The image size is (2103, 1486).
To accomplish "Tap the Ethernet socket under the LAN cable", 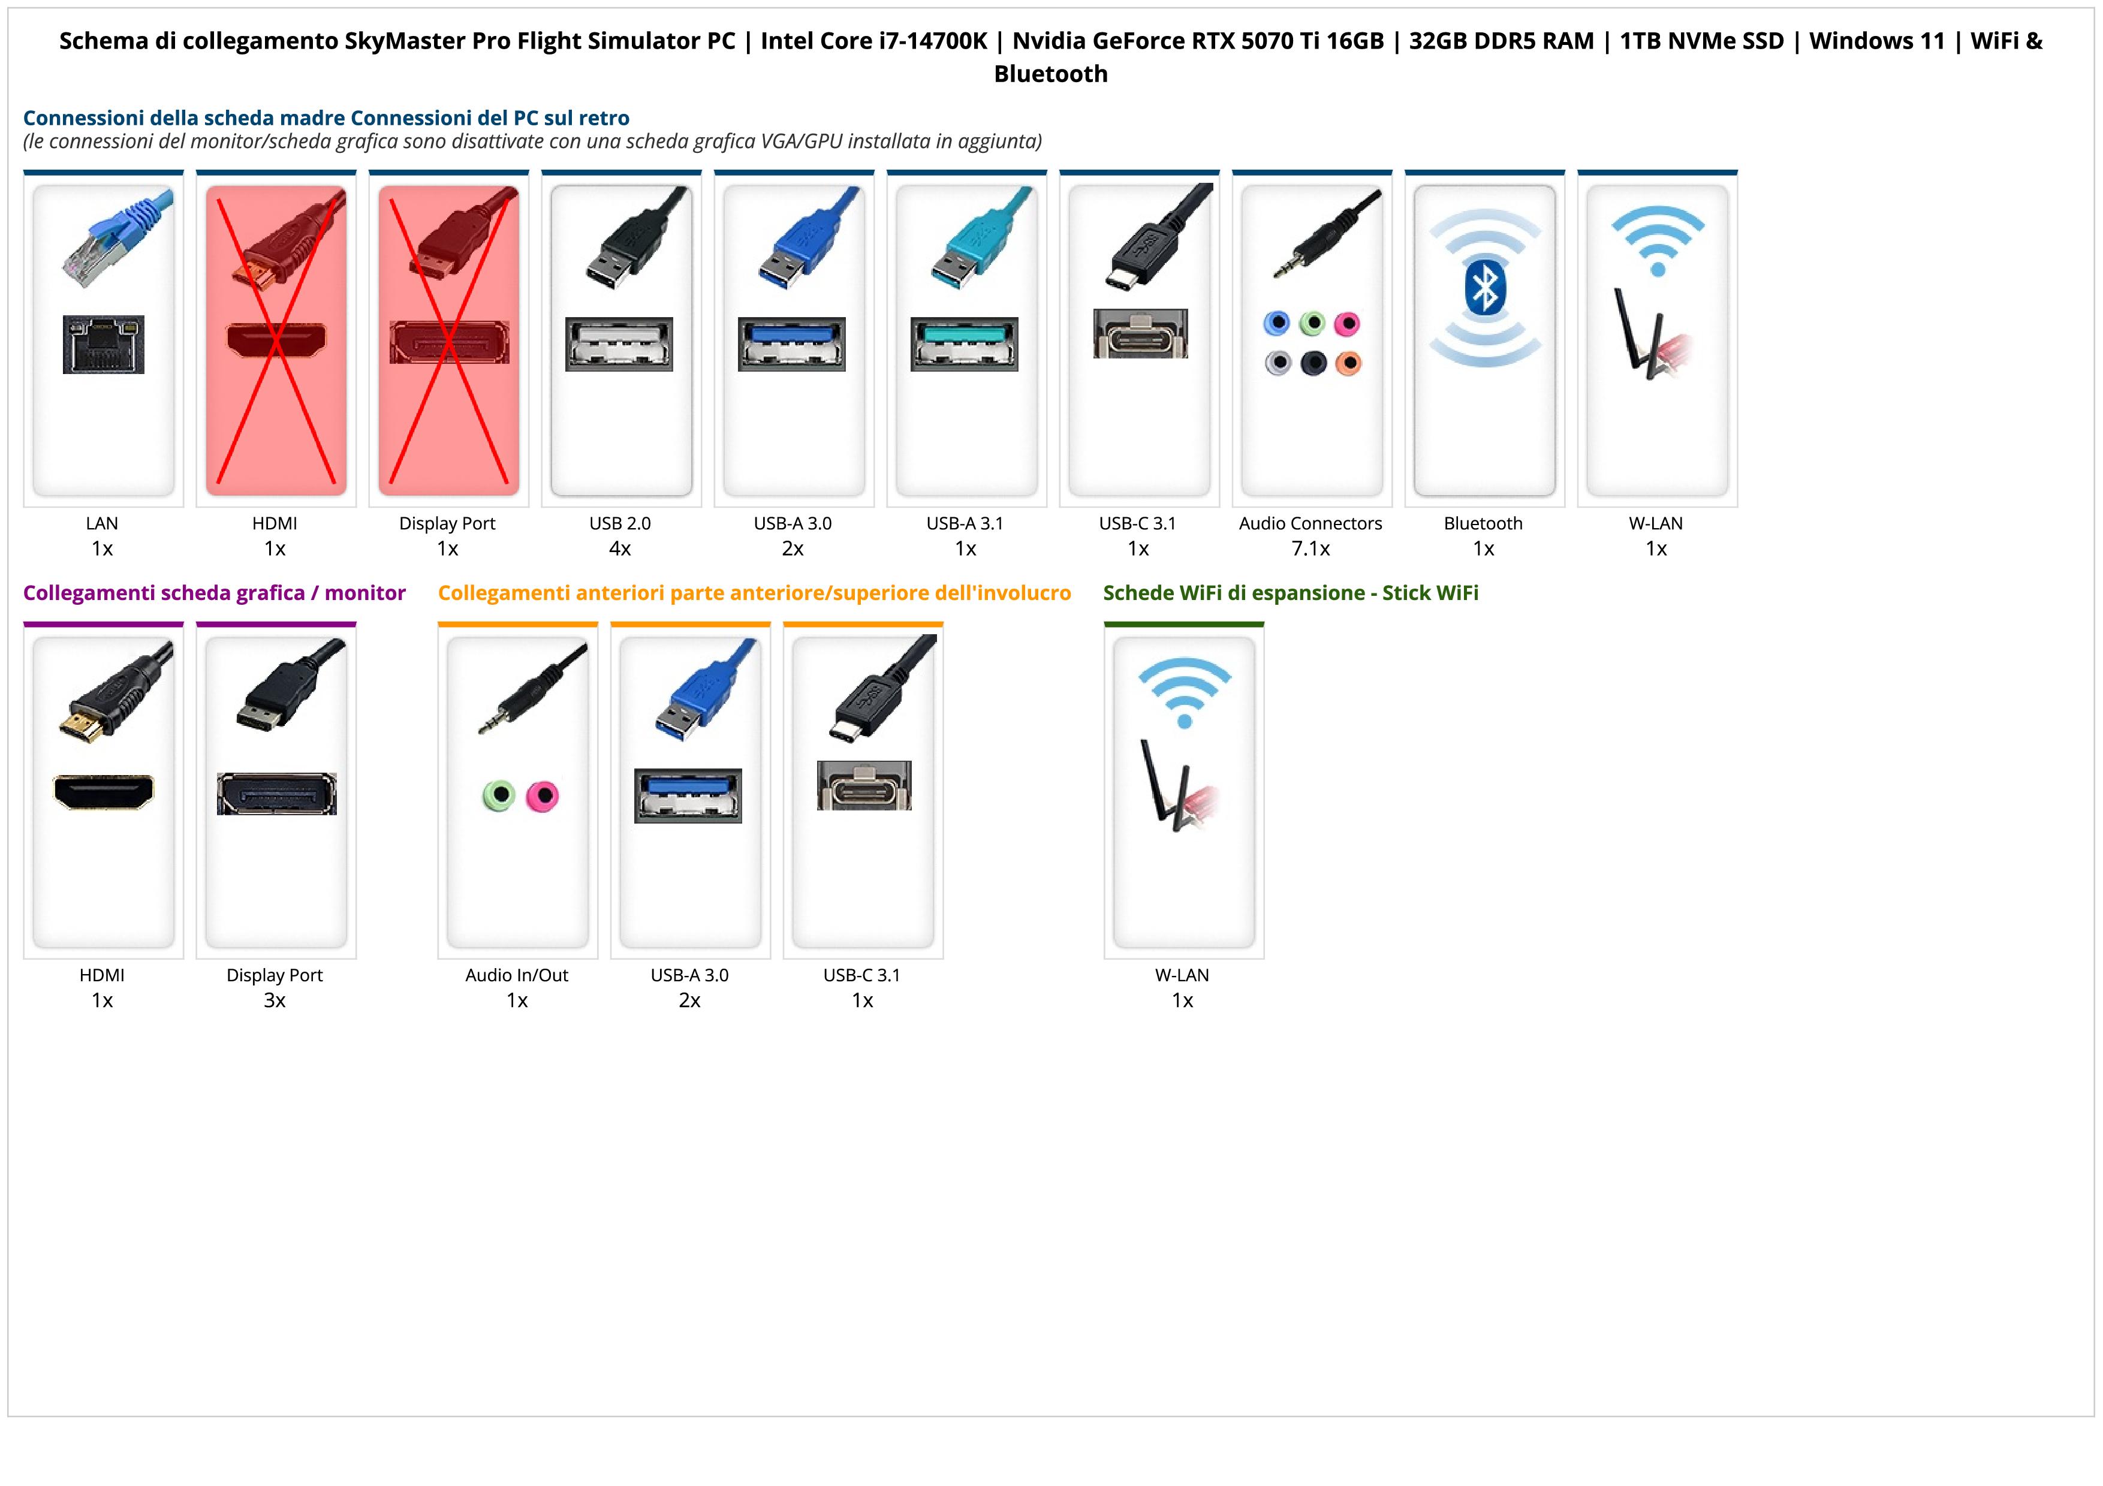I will click(x=104, y=344).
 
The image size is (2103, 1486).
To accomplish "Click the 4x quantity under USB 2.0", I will click(x=620, y=548).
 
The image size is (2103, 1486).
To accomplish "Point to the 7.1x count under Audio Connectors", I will click(x=1310, y=548).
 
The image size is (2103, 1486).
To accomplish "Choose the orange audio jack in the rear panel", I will click(x=1348, y=363).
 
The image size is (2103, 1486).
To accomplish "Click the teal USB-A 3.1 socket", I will click(x=965, y=343).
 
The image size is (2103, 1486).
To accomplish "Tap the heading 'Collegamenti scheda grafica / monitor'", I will click(x=215, y=593).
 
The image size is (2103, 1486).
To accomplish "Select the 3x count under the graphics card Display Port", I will click(x=275, y=1000).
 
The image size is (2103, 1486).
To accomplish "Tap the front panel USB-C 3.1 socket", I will click(x=864, y=786).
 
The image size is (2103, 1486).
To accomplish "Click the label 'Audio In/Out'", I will click(x=517, y=975).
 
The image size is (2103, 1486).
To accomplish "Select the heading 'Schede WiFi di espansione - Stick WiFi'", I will click(x=1291, y=593).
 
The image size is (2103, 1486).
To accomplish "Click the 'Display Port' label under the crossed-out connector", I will click(x=447, y=524).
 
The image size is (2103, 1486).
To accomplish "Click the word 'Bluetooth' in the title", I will click(x=1050, y=74).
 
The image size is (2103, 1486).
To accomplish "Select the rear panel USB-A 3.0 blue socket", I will click(x=793, y=343).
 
